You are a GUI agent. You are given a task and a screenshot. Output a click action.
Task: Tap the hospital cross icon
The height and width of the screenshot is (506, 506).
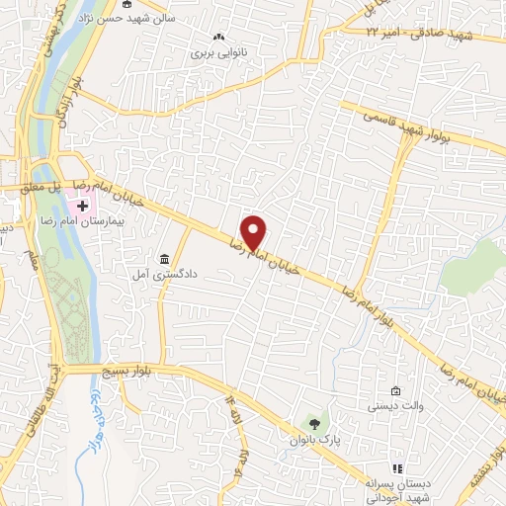point(82,207)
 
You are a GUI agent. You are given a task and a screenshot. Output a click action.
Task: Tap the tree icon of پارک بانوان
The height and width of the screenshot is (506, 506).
point(314,422)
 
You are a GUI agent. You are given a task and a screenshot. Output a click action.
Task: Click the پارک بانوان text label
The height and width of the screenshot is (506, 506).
point(315,440)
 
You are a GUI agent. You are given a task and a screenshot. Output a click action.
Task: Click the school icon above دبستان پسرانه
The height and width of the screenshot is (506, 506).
point(397,468)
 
